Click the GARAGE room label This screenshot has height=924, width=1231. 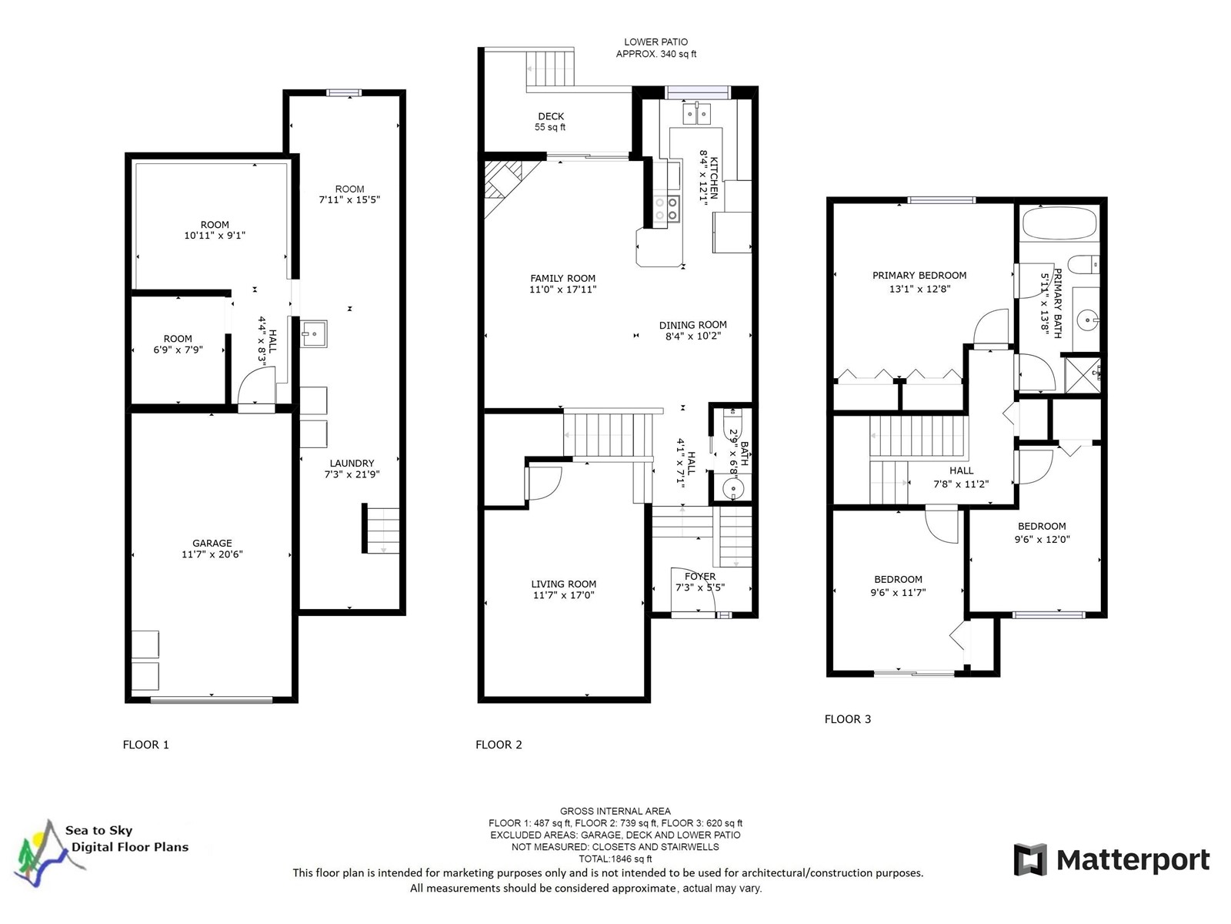pos(212,543)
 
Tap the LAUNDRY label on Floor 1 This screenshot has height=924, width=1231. pos(352,464)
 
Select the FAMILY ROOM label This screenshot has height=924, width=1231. pos(562,278)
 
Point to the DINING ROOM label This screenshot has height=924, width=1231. pos(692,325)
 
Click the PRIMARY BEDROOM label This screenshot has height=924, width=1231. pos(919,276)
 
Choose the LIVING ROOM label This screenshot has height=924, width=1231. pos(564,584)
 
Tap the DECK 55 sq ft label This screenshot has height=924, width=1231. pos(551,122)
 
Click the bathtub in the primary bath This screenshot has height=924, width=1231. pos(1059,224)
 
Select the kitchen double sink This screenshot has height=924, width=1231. pos(696,114)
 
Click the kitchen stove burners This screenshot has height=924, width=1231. pos(666,209)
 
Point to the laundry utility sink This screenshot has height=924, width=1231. pos(313,334)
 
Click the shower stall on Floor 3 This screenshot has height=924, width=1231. pos(1083,375)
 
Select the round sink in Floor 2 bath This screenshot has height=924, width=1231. pos(732,489)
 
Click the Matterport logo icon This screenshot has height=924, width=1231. pos(1029,859)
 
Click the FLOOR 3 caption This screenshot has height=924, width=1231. pos(847,719)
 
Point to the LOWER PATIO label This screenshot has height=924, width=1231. pos(656,42)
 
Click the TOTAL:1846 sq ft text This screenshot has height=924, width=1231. pos(615,859)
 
